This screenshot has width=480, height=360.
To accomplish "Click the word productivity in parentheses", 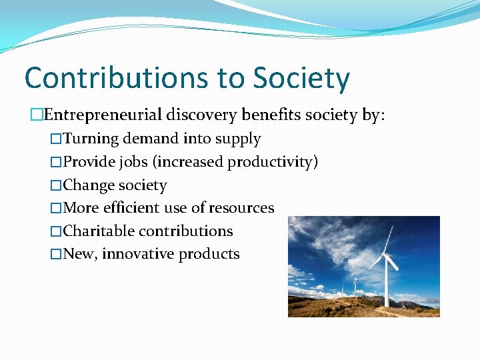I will point(273,162).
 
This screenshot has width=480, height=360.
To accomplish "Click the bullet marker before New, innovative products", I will point(56,254).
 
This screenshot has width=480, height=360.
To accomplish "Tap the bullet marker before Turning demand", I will point(56,139).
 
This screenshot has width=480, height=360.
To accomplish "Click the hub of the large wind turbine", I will point(389,255).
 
